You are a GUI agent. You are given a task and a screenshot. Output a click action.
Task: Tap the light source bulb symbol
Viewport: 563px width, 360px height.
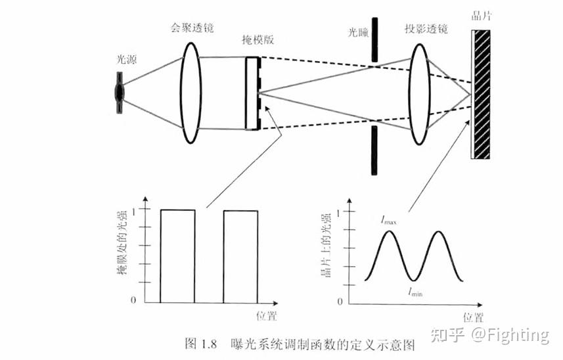point(120,91)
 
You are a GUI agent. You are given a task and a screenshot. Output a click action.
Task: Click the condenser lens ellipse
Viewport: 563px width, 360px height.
point(191,91)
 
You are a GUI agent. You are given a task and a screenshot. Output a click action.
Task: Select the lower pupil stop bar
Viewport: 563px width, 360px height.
point(373,150)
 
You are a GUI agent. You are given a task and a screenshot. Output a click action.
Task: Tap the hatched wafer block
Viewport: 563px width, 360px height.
point(482,95)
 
